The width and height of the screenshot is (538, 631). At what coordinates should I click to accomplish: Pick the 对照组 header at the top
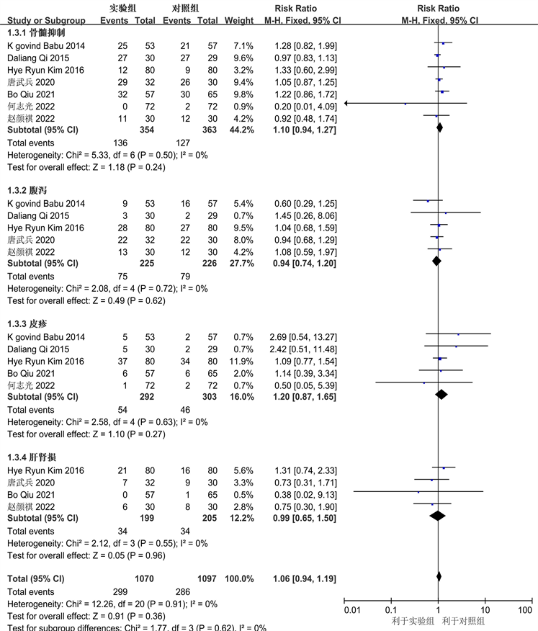[x=186, y=8]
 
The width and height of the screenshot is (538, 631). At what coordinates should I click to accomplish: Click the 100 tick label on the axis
[x=524, y=611]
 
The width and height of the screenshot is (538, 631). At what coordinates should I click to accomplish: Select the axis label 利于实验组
[x=412, y=622]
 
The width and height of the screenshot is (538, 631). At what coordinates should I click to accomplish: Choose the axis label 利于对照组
[x=464, y=622]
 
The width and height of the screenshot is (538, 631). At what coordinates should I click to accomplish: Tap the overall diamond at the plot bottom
[x=439, y=576]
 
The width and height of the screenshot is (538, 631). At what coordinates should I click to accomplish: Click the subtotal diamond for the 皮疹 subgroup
[x=441, y=394]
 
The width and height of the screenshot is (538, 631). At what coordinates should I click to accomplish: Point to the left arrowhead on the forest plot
[x=348, y=104]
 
